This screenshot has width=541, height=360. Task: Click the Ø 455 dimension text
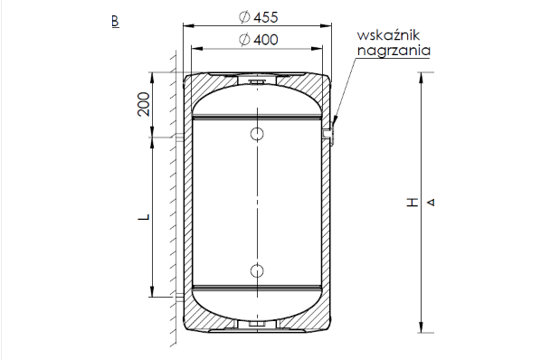pos(258,17)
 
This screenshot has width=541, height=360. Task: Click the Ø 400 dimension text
pos(258,40)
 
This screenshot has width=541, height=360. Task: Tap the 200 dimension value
pos(144,104)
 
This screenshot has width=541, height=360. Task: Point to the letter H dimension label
pos(412,203)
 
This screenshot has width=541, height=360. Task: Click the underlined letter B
pos(115,22)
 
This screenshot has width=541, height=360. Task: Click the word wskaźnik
pos(388,35)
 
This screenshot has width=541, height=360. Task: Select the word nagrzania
pos(394,51)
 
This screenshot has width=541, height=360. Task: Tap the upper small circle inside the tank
pos(257,134)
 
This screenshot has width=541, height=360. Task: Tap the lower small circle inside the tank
pos(257,271)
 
